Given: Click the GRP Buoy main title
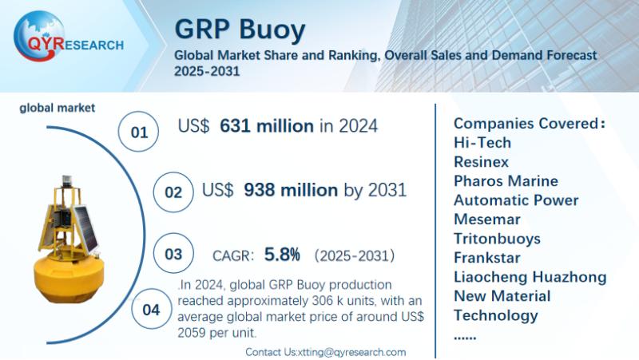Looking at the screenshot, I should (240, 30).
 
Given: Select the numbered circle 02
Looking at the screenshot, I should (173, 192).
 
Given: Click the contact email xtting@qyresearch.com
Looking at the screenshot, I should (351, 352).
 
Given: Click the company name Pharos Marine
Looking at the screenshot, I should (506, 181).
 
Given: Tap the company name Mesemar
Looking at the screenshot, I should (486, 220).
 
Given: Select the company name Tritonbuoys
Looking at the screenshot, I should (497, 239).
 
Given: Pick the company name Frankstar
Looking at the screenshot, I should (486, 258).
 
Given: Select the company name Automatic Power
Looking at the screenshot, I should (516, 200).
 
